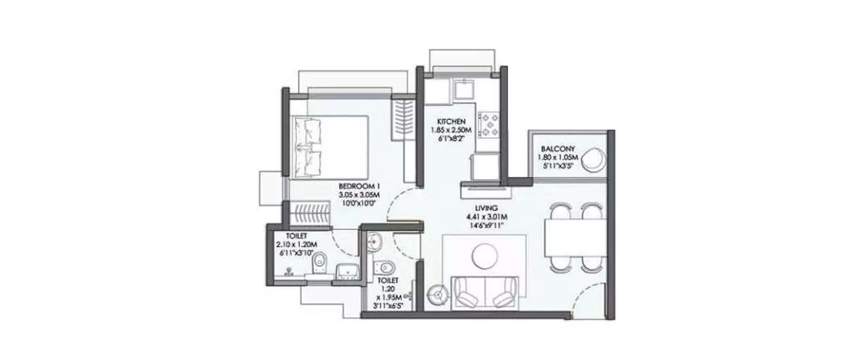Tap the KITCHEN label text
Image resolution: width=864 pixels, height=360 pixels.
point(450,122)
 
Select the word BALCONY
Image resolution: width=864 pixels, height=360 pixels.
point(554,149)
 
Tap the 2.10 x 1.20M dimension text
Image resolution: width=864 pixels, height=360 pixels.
point(298,245)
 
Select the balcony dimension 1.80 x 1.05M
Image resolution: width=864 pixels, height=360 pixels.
point(554,157)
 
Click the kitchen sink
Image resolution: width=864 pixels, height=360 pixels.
point(462,90)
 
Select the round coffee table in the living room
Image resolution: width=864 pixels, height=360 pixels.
point(483,255)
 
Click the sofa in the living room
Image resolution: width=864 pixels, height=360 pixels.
point(484,291)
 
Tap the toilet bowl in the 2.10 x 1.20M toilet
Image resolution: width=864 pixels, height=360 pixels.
point(319,266)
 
